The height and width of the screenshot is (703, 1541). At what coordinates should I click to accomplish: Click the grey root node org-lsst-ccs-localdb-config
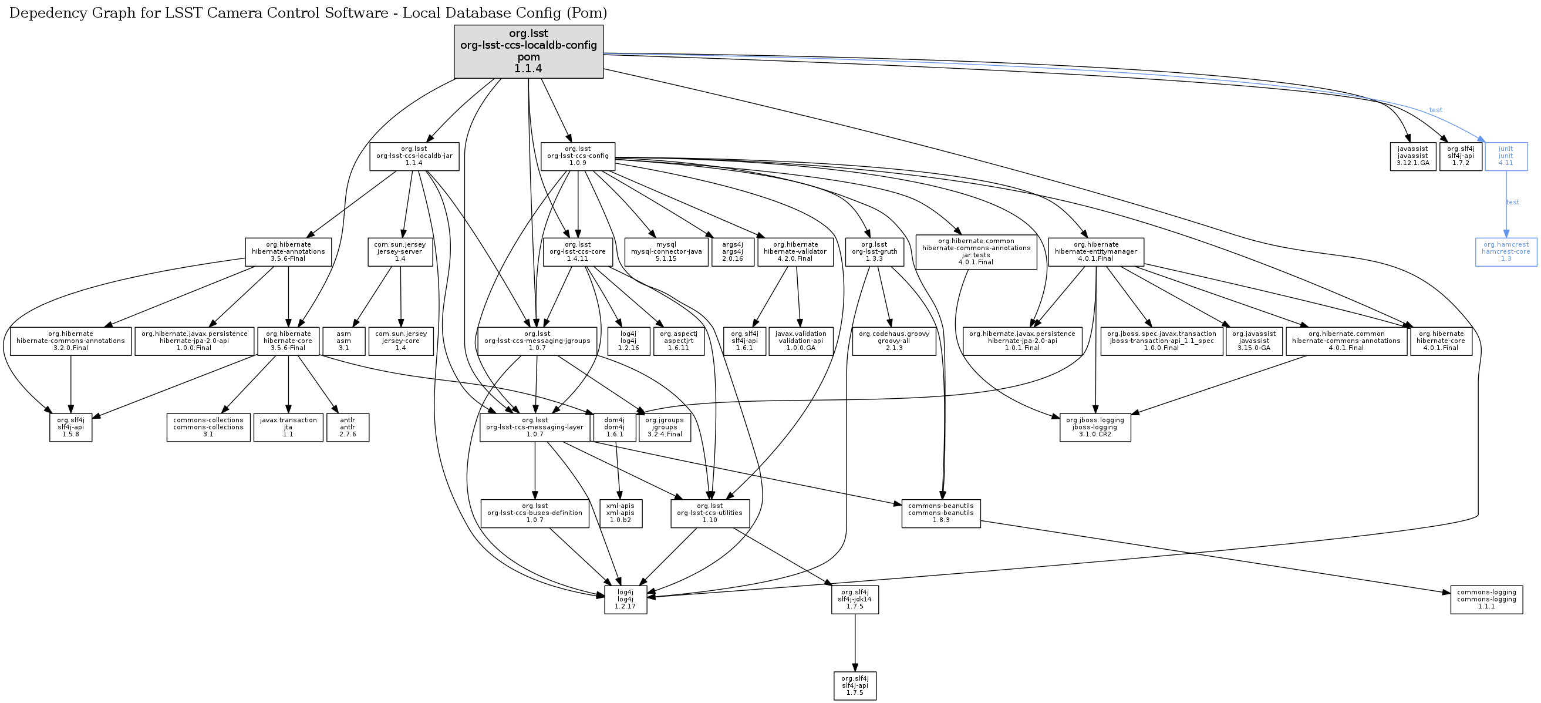point(528,52)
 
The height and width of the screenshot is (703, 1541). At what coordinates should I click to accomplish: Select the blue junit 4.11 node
point(1506,156)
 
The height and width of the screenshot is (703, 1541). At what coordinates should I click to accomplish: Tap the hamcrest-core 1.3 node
point(1506,252)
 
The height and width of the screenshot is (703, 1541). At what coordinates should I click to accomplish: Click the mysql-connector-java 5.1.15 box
point(666,252)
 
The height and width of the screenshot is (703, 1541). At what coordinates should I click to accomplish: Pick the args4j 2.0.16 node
point(733,252)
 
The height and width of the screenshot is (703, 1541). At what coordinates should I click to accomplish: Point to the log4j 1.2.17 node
point(626,600)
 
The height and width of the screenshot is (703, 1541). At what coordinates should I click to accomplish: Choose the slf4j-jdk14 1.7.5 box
point(855,600)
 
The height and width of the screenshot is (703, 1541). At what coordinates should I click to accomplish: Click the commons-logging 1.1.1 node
point(1486,600)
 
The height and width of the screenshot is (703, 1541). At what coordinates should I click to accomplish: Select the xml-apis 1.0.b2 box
point(621,513)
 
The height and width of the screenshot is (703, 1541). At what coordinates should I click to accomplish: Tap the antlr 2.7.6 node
point(348,427)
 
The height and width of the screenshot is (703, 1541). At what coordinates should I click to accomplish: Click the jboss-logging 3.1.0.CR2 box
point(1095,427)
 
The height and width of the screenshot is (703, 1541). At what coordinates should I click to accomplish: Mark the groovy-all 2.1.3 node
point(893,341)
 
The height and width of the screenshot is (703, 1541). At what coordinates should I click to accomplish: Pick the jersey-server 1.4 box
point(400,252)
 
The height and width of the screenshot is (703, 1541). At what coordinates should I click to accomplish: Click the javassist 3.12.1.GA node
point(1412,156)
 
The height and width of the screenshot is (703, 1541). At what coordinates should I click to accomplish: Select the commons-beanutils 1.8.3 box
point(941,513)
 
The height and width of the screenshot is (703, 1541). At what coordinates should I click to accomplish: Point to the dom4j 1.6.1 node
point(615,427)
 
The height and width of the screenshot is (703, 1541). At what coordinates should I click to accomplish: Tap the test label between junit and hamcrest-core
point(1512,202)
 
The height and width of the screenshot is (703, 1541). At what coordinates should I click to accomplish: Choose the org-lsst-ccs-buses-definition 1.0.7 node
point(535,513)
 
